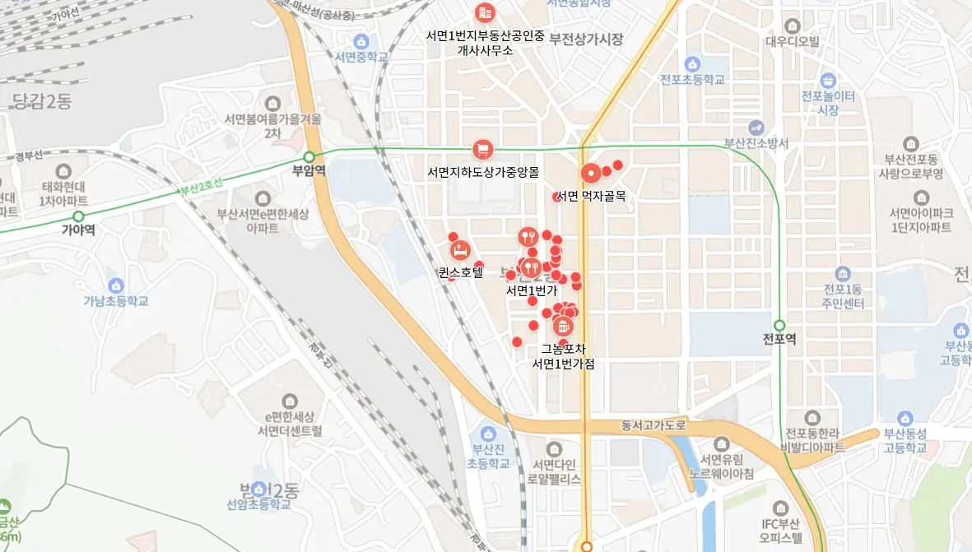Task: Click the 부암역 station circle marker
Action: coord(309,157)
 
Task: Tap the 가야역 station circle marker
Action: coord(78,216)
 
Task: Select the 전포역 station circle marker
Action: coord(779,325)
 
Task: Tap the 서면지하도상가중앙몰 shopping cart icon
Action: coord(482,150)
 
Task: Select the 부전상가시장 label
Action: coord(587,39)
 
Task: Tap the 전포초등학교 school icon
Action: coord(692,63)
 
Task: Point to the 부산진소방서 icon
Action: coord(756,128)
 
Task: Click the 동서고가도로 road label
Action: coord(653,426)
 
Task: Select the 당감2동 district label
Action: coord(43,101)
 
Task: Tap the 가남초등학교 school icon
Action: coord(116,285)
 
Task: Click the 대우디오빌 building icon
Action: coord(793,26)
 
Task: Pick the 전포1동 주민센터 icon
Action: coord(842,274)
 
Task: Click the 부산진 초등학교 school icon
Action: coord(489,433)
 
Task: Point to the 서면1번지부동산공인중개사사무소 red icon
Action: coord(485,12)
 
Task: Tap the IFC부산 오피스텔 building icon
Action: coord(781,508)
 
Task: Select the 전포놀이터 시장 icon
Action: coord(828,81)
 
